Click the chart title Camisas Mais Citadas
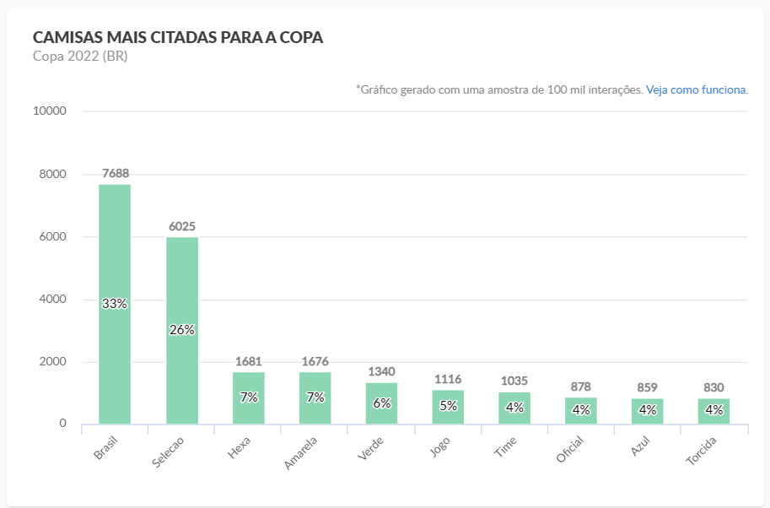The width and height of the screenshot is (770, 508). [178, 38]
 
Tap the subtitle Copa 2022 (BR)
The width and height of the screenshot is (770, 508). [80, 57]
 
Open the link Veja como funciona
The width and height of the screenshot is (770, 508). [697, 89]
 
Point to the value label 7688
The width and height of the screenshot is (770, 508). [116, 173]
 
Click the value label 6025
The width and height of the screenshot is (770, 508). [182, 226]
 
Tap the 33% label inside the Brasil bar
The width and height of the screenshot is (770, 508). [115, 304]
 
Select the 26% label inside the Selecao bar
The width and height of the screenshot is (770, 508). [182, 330]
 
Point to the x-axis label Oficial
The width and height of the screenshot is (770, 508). [569, 450]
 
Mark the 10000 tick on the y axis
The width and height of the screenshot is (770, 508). [51, 111]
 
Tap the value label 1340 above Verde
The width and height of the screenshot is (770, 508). [381, 371]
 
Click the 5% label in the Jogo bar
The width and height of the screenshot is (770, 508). [448, 406]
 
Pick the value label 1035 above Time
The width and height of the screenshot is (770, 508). [514, 381]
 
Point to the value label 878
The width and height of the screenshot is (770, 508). [581, 386]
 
